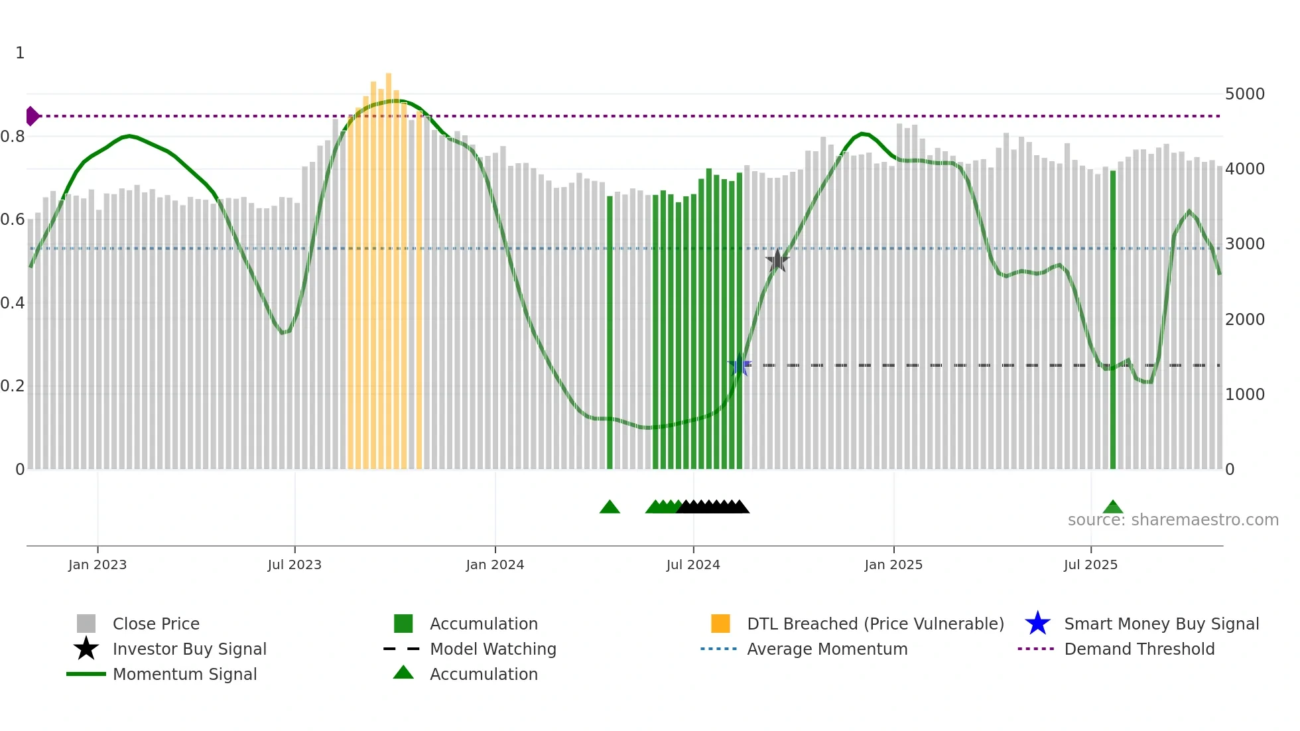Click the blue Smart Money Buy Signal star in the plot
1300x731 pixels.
coord(740,365)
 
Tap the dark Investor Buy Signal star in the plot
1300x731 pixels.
coord(777,261)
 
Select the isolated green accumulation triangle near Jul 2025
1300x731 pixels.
coord(1113,507)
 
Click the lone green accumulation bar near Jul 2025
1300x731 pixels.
coord(1113,318)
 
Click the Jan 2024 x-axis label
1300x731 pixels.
coord(495,565)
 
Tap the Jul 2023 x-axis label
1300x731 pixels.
coord(294,565)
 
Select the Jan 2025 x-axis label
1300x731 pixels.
coord(893,565)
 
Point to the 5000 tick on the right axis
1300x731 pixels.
coord(1244,94)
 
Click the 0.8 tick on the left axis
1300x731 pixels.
coord(13,137)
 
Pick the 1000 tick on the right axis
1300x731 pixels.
coord(1244,395)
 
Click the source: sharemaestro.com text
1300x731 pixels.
coord(1173,520)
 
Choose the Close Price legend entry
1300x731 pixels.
coord(156,624)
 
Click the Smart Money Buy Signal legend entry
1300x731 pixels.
coord(1161,624)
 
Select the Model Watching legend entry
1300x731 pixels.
coord(493,649)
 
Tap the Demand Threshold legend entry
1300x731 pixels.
coord(1139,649)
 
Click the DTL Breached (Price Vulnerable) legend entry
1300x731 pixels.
coord(875,624)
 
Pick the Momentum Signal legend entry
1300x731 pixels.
coord(184,674)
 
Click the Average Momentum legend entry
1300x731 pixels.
coord(827,649)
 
